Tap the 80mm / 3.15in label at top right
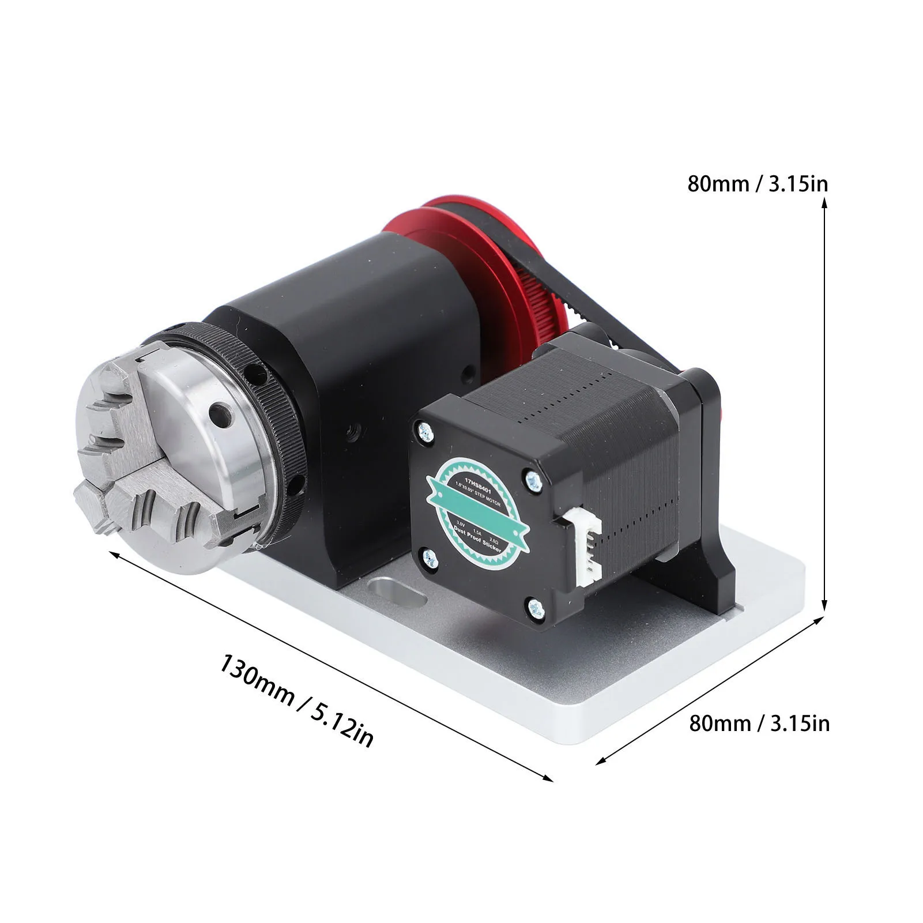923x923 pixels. (x=758, y=184)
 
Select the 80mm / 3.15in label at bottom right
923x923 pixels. (x=759, y=722)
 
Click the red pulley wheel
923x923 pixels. (x=461, y=242)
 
